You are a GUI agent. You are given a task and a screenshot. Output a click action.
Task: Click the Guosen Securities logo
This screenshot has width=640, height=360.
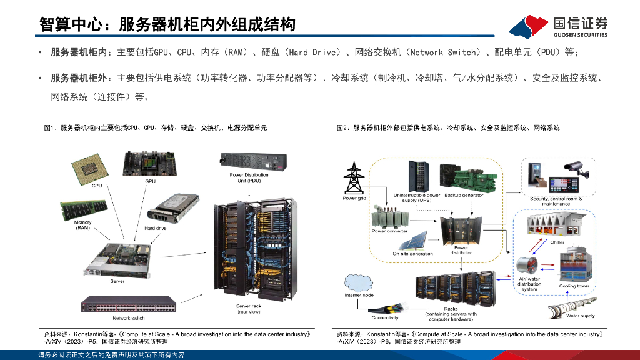pyautogui.click(x=559, y=27)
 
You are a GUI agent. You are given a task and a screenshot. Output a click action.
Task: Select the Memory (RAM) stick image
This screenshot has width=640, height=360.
pyautogui.click(x=83, y=210)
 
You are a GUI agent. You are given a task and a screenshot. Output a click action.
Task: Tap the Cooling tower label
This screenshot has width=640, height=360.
pyautogui.click(x=574, y=286)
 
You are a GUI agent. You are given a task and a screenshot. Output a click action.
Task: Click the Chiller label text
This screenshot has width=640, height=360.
pyautogui.click(x=557, y=242)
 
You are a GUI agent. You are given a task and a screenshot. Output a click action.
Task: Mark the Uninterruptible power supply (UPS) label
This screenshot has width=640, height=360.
pyautogui.click(x=417, y=197)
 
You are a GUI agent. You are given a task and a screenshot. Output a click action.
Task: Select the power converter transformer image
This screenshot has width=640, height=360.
pyautogui.click(x=389, y=217)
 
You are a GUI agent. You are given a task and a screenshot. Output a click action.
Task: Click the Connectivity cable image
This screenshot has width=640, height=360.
pyautogui.click(x=386, y=307)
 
